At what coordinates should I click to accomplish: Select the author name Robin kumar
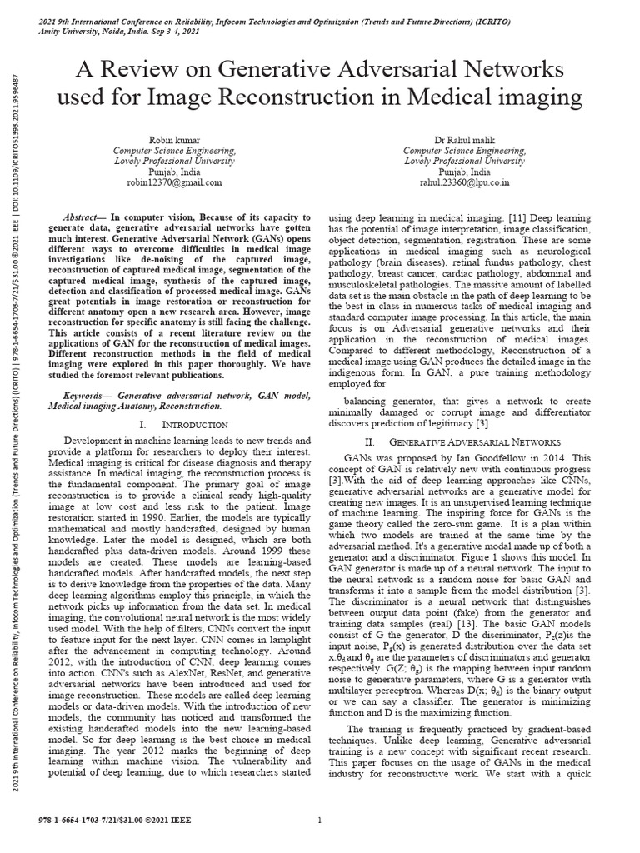(x=174, y=139)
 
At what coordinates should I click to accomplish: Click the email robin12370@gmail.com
(x=174, y=182)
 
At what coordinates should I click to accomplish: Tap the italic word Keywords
(x=87, y=394)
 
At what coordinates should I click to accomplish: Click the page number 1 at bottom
(x=320, y=821)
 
